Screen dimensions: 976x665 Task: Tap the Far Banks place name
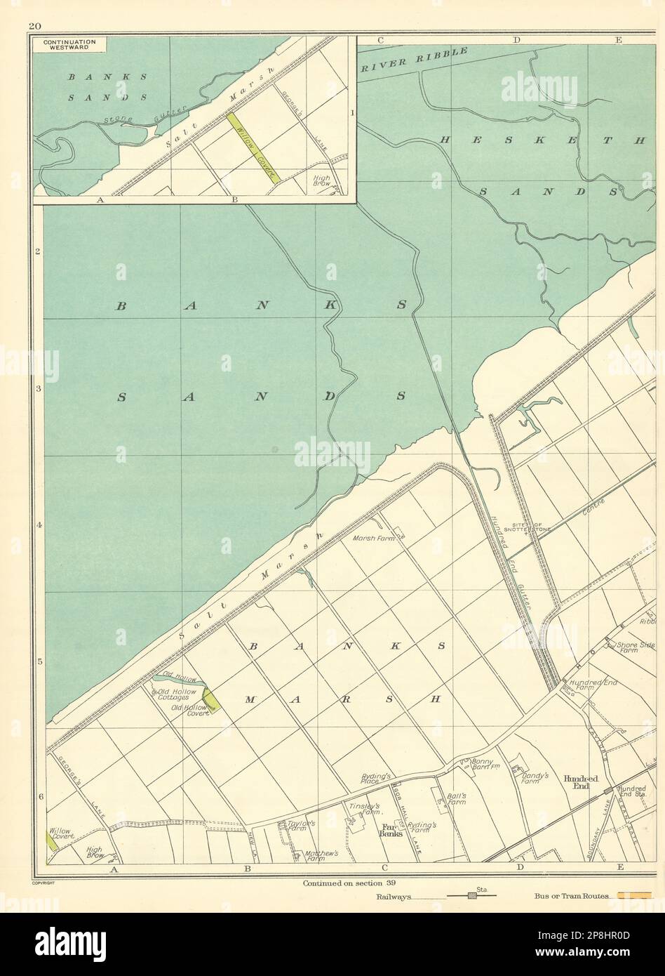click(389, 831)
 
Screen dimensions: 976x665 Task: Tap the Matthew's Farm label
click(322, 857)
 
